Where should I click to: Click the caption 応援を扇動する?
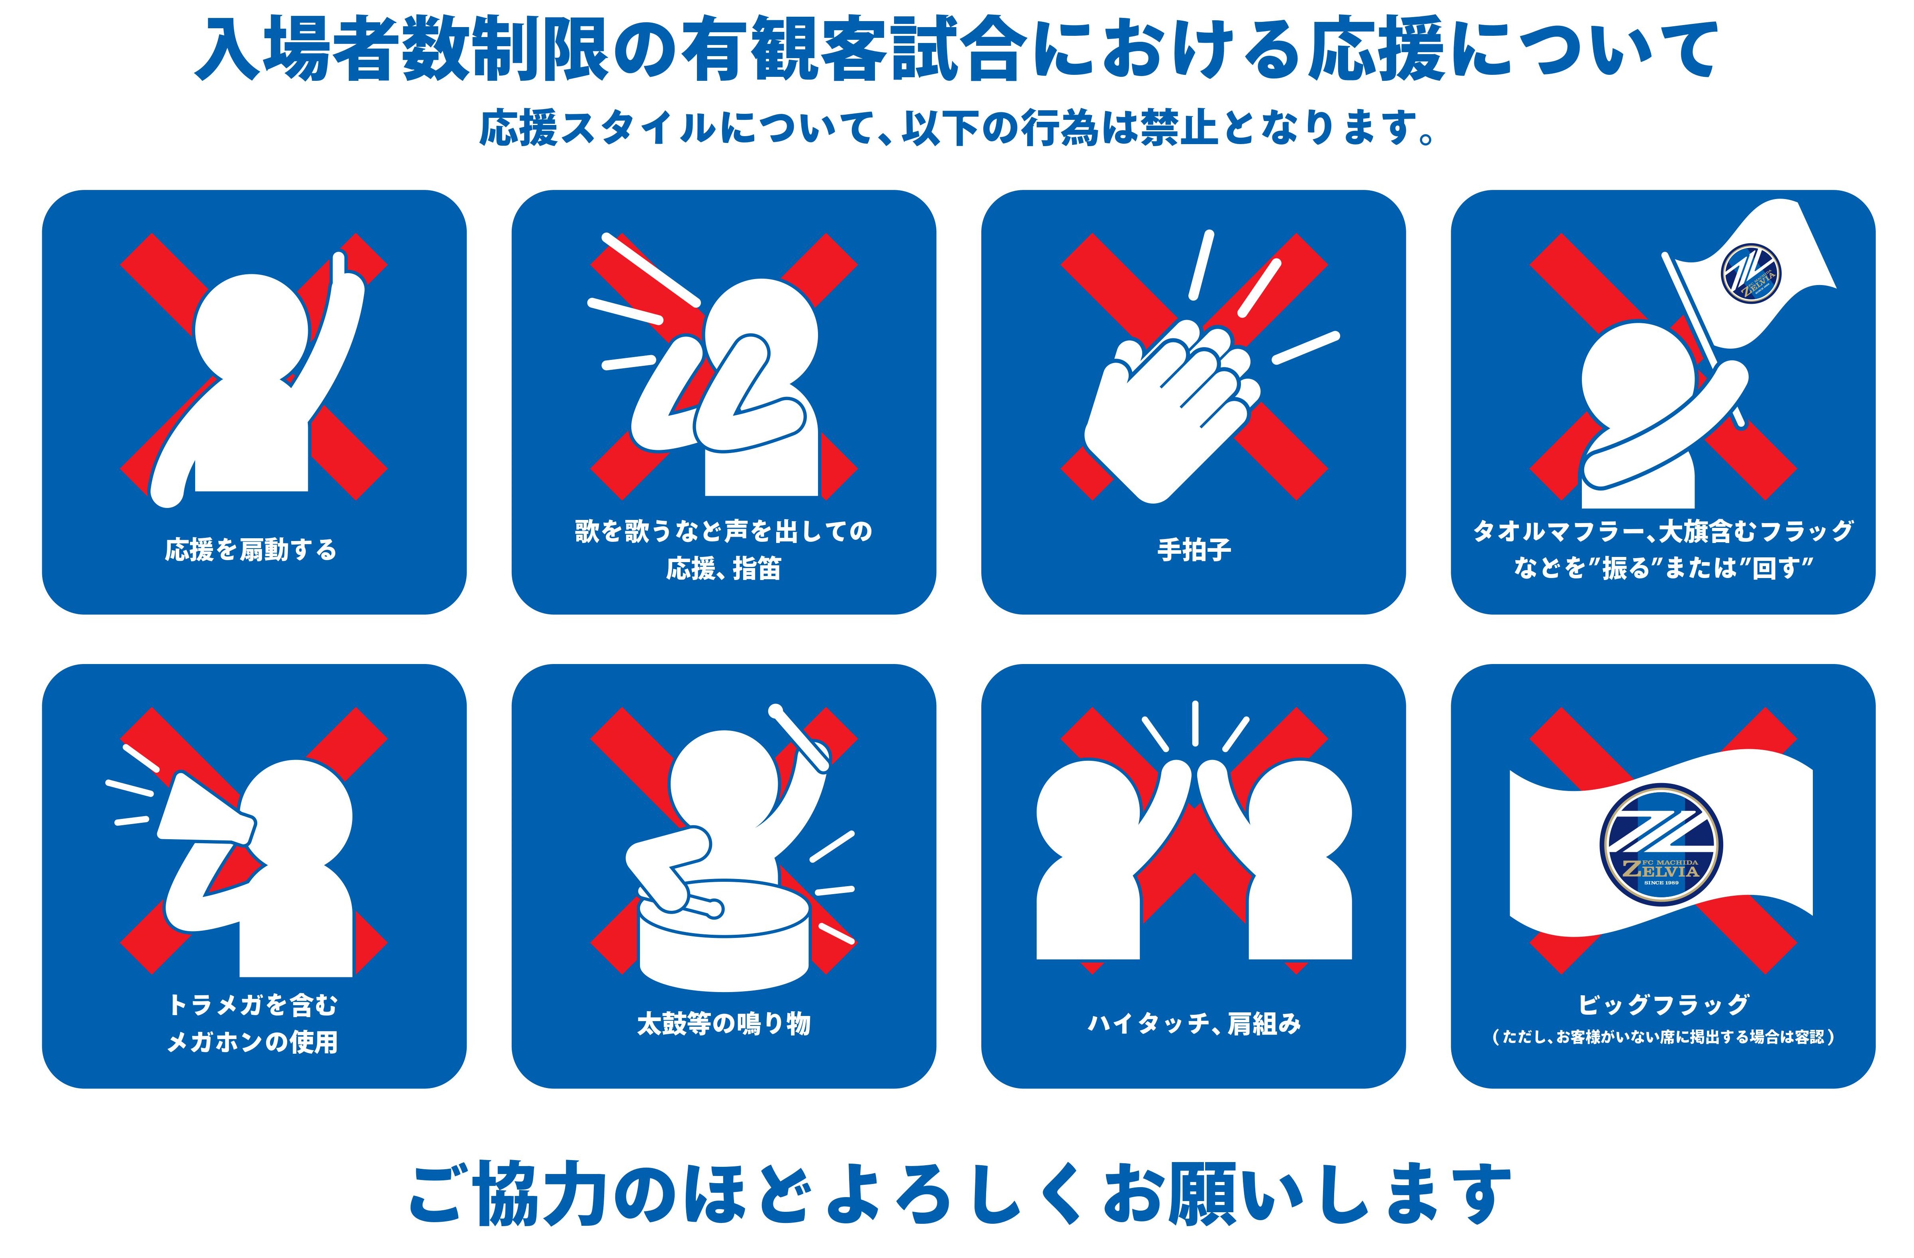pos(251,550)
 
